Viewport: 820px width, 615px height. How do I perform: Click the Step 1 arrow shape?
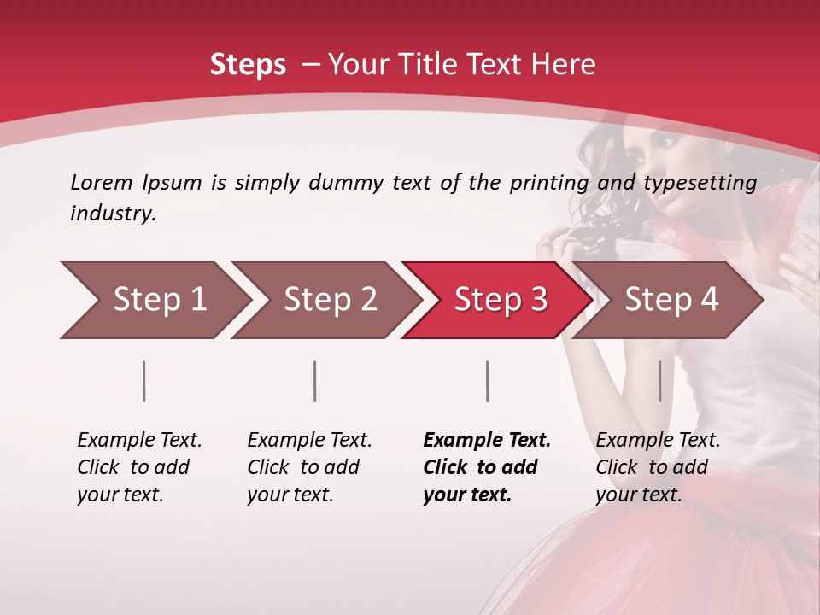coord(154,300)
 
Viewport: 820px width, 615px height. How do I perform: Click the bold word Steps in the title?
coord(248,64)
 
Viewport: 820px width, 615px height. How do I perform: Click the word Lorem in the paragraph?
coord(101,182)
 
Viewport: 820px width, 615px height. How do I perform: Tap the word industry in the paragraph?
coord(113,214)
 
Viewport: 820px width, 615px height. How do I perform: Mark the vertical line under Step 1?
coord(144,381)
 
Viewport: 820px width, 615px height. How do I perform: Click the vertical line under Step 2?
coord(315,381)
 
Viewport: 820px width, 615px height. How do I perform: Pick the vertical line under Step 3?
coord(487,381)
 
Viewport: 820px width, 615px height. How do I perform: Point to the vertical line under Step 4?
coord(659,381)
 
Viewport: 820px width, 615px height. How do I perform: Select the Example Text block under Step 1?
coord(139,467)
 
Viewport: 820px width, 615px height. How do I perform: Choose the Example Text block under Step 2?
coord(309,467)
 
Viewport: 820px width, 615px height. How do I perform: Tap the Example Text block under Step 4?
coord(658,467)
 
